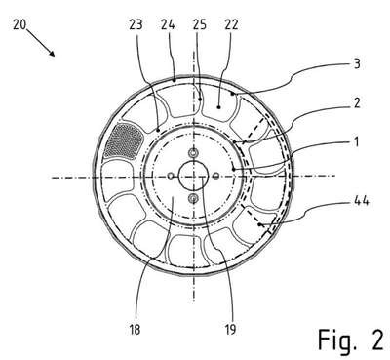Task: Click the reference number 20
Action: coord(19,24)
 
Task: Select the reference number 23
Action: coord(136,24)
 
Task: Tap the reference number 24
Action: coord(168,24)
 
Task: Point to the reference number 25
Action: coord(200,24)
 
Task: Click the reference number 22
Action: coord(231,24)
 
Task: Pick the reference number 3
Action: coord(357,63)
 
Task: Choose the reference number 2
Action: coord(357,102)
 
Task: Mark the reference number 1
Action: coord(357,141)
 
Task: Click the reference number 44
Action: coord(361,201)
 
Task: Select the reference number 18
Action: coord(135,330)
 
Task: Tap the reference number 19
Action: coord(230,330)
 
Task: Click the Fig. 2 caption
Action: coord(351,340)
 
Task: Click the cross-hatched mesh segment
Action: coord(125,141)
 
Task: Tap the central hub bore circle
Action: coord(193,176)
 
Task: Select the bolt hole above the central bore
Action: coord(194,152)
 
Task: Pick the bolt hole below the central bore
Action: coord(194,197)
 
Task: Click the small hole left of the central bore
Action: coord(171,176)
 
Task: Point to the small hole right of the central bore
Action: coord(215,176)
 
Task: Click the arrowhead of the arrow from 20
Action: coord(52,53)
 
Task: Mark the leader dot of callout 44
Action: coord(259,224)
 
